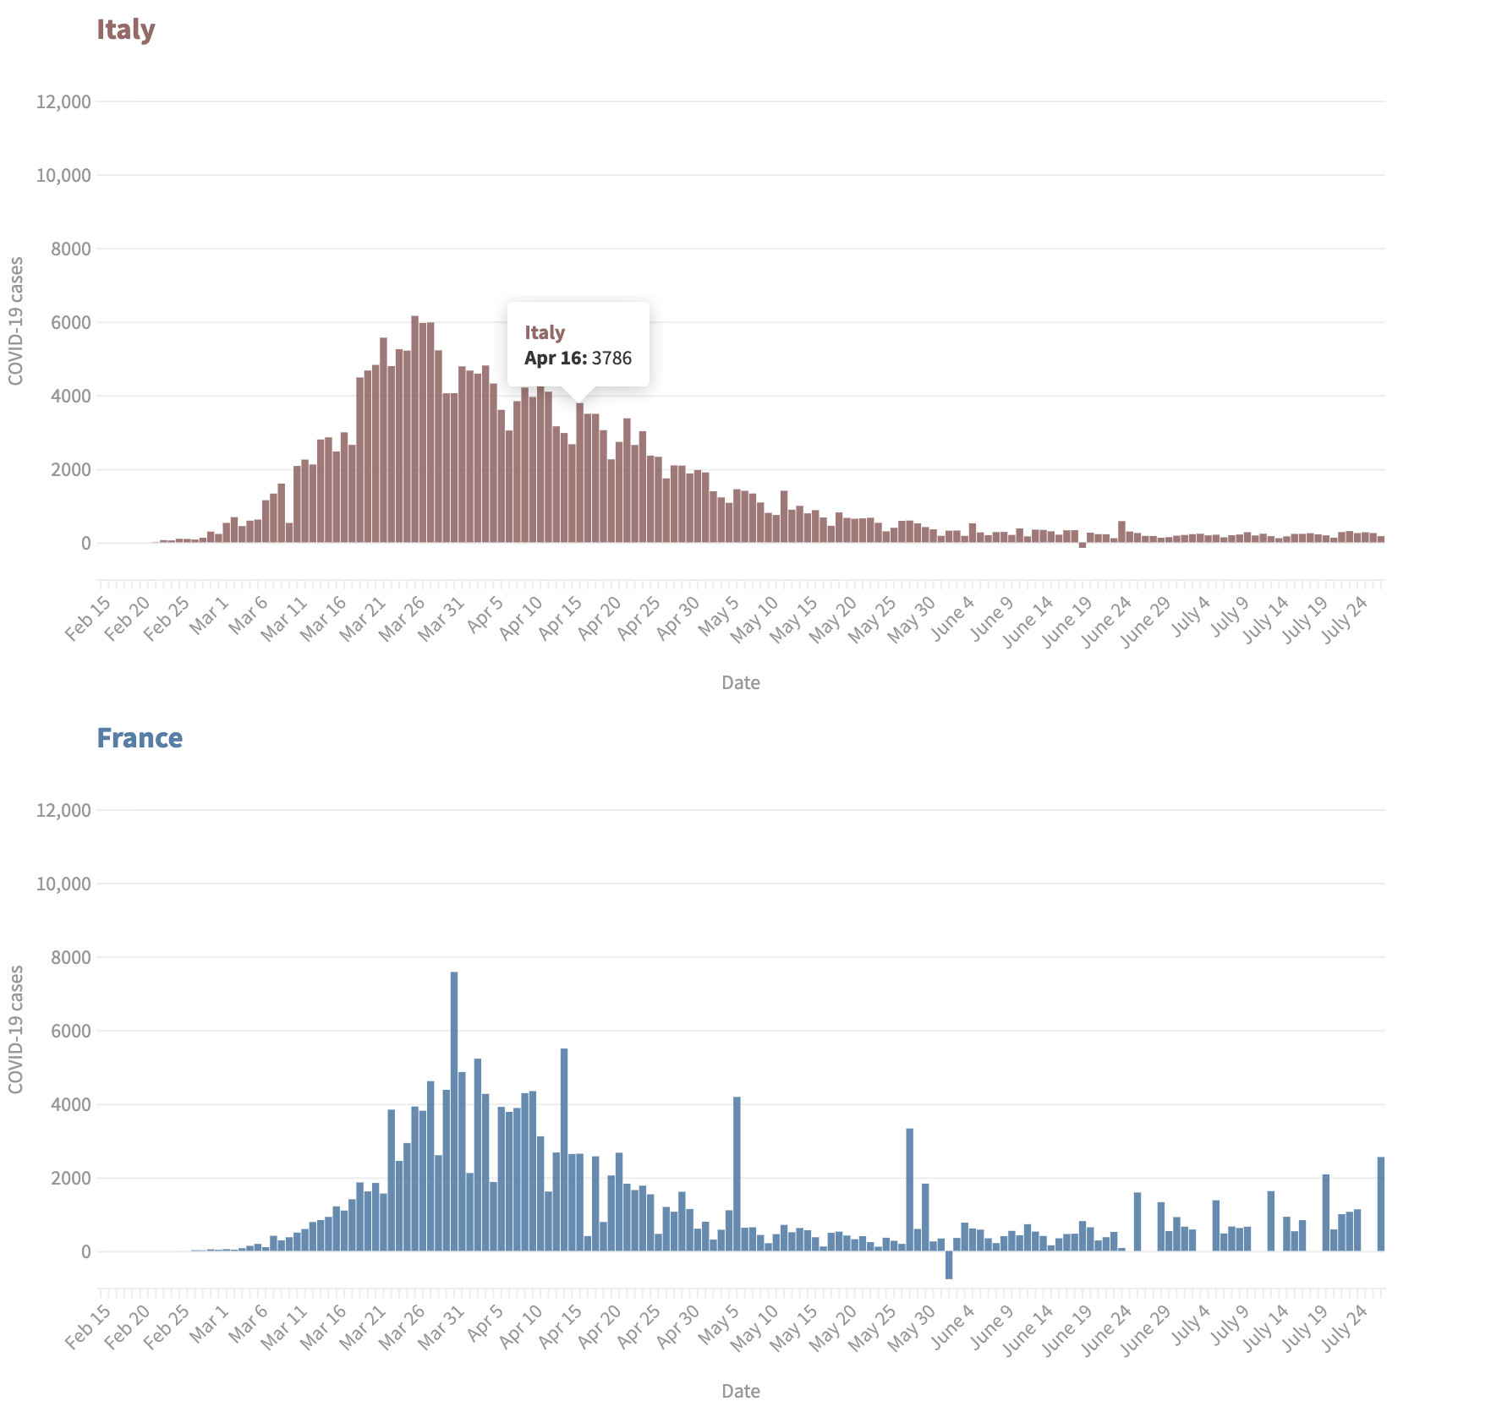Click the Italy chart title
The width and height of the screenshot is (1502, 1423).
[x=125, y=30]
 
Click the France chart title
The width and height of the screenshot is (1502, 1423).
[x=140, y=738]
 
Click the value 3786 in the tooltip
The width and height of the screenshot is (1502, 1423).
[x=611, y=358]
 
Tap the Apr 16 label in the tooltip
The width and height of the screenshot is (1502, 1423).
[x=555, y=358]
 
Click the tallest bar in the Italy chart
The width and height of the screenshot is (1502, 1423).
[x=414, y=423]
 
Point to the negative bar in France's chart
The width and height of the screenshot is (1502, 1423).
[x=949, y=1264]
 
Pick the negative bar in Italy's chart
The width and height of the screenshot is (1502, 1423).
[x=1083, y=545]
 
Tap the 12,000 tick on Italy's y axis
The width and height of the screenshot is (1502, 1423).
[x=63, y=102]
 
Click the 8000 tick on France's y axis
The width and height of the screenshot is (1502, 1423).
[x=71, y=957]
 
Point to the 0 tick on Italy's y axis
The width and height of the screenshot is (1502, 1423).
[x=85, y=544]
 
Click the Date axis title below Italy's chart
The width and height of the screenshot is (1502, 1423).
[x=741, y=683]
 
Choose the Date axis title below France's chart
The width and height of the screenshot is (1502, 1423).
[x=741, y=1391]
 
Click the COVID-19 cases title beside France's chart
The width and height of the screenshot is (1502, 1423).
[x=16, y=1029]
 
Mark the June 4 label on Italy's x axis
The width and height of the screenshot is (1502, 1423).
[x=953, y=618]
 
